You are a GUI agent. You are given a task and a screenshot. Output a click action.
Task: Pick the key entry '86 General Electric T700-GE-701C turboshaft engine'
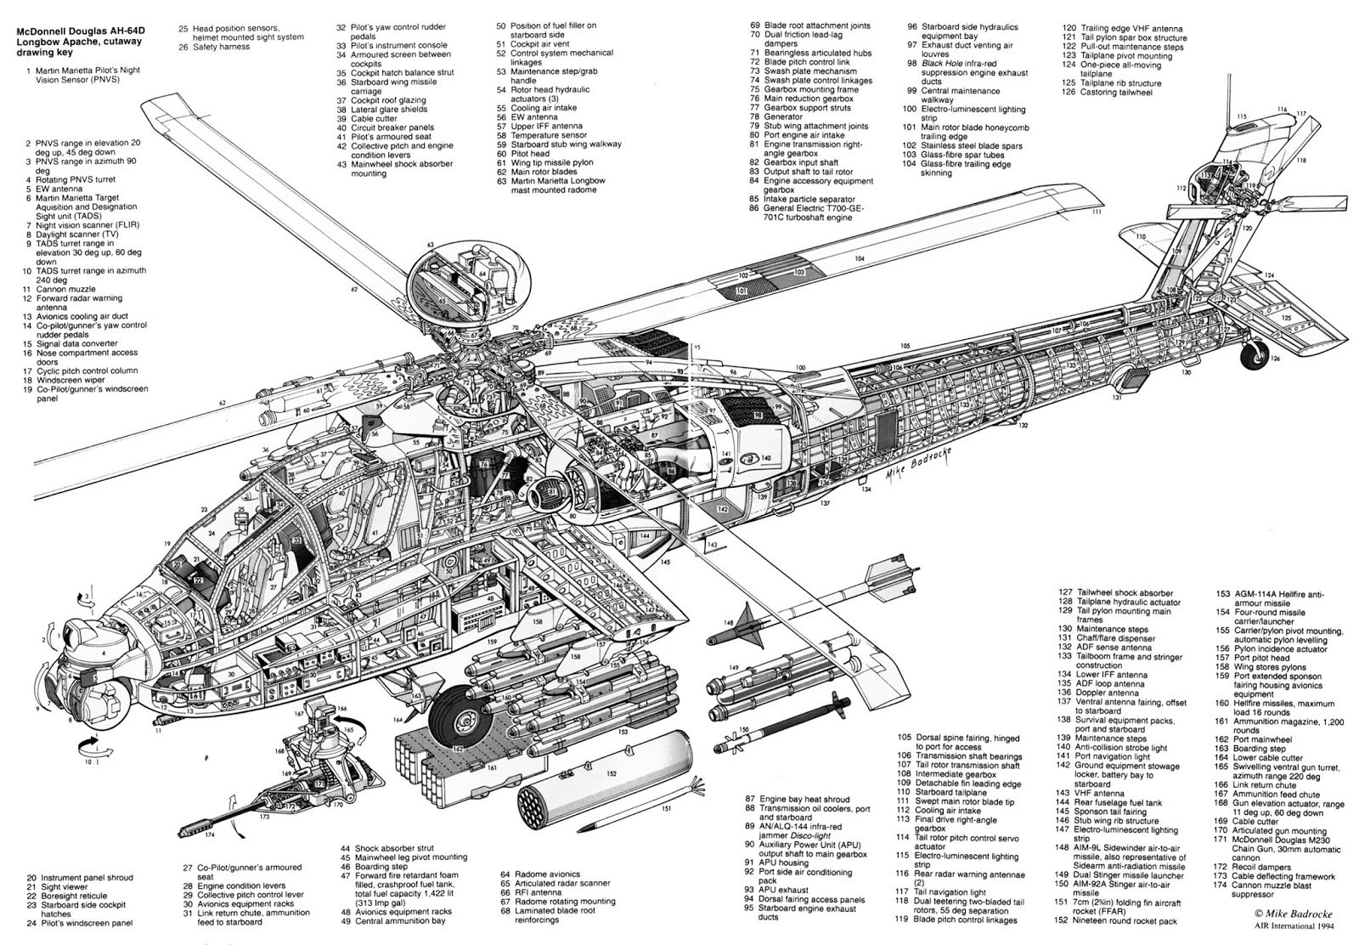[807, 212]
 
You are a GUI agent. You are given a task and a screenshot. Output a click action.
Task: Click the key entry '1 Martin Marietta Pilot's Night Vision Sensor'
[81, 76]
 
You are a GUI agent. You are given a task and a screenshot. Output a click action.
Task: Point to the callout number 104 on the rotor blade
[860, 258]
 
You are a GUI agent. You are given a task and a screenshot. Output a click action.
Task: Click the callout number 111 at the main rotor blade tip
[1097, 212]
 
